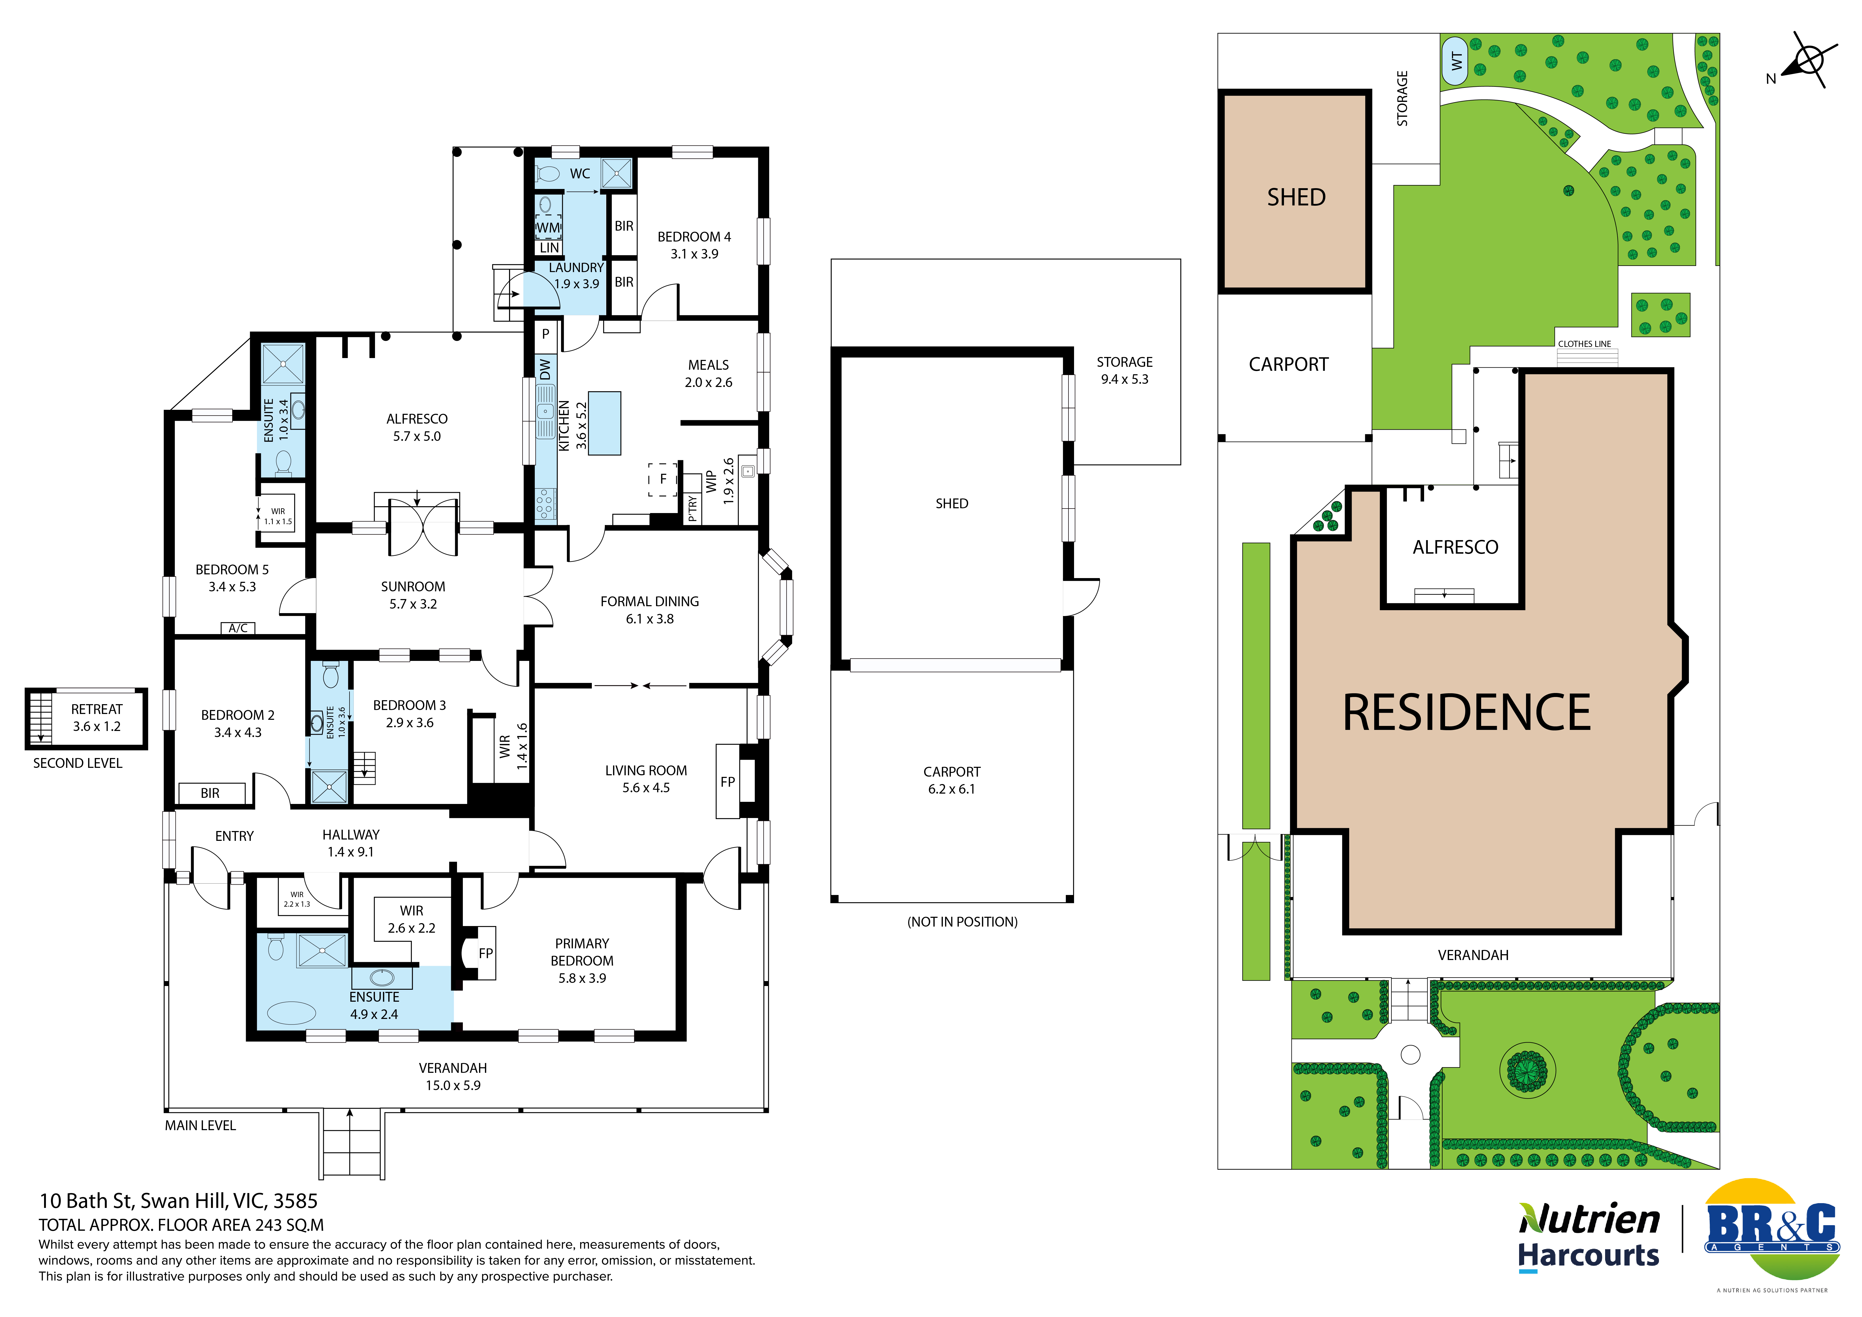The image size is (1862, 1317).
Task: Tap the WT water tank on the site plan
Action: point(1455,61)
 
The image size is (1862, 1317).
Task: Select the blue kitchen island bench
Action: point(604,423)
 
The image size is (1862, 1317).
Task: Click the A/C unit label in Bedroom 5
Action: point(238,628)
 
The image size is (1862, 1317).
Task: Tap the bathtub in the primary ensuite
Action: point(291,1013)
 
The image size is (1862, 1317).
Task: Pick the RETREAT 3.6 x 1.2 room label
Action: point(97,718)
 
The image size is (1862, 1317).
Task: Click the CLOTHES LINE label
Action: point(1584,344)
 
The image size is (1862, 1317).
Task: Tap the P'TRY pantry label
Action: point(692,509)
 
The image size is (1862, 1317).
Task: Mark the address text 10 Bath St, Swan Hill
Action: point(178,1201)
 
